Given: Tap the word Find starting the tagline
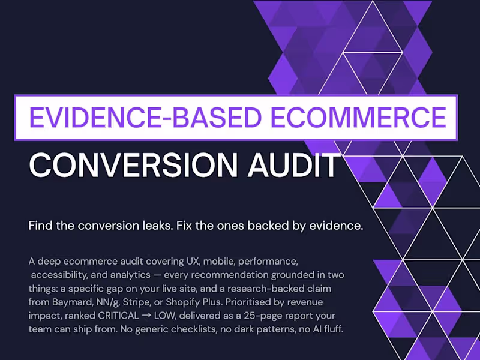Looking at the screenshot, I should pyautogui.click(x=41, y=226).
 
